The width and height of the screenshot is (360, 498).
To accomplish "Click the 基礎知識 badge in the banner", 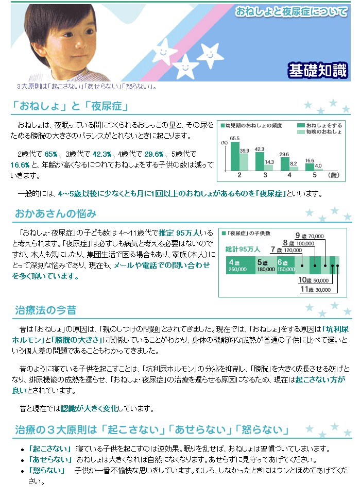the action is click(318, 70).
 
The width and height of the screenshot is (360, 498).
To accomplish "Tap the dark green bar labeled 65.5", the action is click(235, 156).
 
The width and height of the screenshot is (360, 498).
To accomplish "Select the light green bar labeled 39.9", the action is click(244, 162).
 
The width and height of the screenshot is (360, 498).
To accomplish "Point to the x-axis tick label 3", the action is click(265, 175).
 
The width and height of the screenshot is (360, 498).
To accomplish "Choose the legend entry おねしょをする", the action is click(319, 125).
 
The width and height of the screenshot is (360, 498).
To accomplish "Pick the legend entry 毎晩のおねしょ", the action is click(319, 131).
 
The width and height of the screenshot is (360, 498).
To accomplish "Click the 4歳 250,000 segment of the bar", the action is click(241, 265).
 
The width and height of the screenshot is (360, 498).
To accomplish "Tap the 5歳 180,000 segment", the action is click(266, 265).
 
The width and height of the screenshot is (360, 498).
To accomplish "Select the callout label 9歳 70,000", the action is click(310, 236).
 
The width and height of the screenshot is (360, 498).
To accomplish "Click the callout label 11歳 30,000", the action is click(316, 289).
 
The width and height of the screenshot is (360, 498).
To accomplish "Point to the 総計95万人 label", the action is click(243, 250).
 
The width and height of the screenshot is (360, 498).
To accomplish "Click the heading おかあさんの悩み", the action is click(56, 214).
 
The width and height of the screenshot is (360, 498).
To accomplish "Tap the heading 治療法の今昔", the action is click(46, 310).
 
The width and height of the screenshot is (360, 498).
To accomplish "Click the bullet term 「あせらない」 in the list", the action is click(50, 459).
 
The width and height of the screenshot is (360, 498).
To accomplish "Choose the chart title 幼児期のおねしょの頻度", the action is click(253, 125).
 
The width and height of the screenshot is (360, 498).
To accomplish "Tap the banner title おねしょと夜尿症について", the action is click(291, 12).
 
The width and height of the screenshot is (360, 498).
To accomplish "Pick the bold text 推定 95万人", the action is click(179, 233).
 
